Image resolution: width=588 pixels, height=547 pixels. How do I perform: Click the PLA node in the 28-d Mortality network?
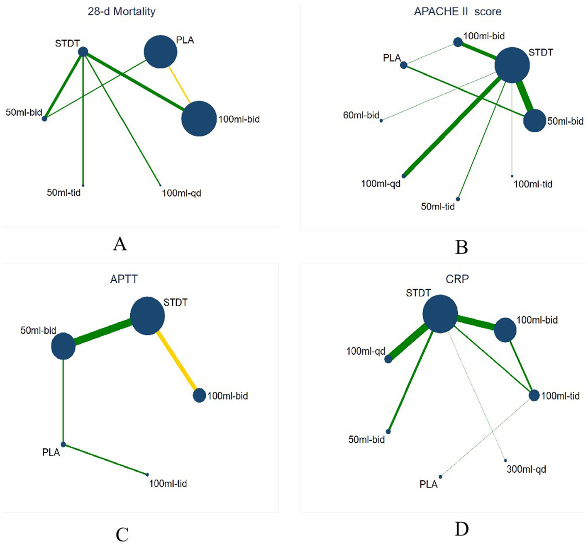click(161, 52)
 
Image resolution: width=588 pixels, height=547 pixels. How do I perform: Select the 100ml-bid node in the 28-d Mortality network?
click(199, 119)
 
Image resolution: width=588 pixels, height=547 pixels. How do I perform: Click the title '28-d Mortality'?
click(122, 11)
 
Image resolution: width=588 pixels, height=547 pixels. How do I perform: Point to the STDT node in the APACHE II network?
click(512, 65)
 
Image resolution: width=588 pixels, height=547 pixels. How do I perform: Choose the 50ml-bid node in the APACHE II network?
click(534, 121)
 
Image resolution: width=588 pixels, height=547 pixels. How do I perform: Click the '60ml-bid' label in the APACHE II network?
click(361, 115)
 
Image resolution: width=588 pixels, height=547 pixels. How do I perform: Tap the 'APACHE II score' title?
click(458, 12)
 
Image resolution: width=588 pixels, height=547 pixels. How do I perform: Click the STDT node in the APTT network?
click(147, 316)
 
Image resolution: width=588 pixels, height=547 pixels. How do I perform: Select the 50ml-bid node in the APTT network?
click(63, 346)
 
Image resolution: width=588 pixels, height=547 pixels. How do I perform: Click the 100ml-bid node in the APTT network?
click(199, 395)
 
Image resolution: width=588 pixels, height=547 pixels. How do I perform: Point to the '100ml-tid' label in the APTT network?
click(168, 484)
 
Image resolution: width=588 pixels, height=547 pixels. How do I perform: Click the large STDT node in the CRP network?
click(440, 314)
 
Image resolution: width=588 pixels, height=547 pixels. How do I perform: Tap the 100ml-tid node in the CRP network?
click(534, 395)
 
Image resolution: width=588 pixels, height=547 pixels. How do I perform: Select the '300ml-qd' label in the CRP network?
click(526, 469)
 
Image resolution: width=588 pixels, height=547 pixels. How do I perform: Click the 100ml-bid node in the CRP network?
click(505, 330)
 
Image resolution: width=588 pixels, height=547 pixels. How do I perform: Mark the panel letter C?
click(122, 535)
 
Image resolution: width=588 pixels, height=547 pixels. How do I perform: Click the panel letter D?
click(461, 529)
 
